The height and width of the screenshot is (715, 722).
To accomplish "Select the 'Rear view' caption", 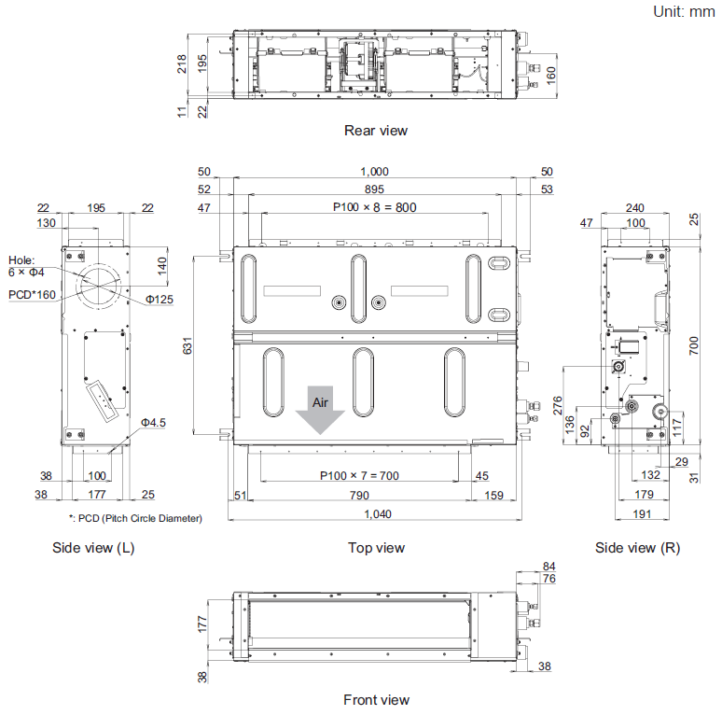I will click(376, 131).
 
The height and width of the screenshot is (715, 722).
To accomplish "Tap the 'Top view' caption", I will click(376, 548).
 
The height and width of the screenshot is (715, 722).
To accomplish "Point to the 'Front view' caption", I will click(376, 700).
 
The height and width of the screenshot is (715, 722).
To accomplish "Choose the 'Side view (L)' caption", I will click(93, 548).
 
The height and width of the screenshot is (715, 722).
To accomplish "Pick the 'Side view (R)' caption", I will click(637, 548).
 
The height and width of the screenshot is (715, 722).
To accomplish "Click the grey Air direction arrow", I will click(319, 412).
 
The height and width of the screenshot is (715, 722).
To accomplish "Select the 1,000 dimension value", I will click(373, 172).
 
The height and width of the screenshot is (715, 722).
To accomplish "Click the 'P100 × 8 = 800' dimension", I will click(374, 207).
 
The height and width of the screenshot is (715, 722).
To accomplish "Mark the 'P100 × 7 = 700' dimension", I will click(358, 476).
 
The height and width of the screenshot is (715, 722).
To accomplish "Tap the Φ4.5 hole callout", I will click(153, 423).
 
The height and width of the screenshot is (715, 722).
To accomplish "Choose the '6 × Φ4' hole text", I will click(26, 272).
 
